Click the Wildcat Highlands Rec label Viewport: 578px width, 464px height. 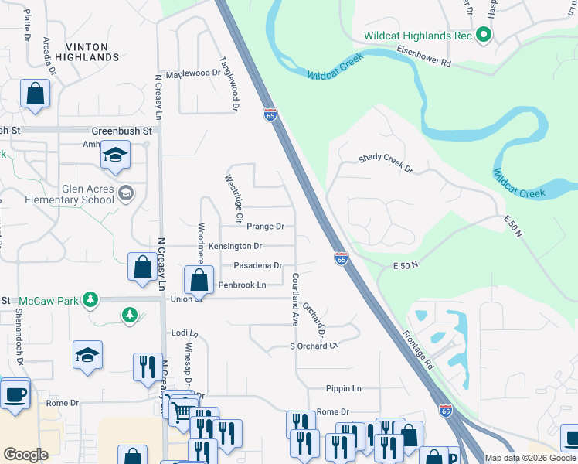pyautogui.click(x=416, y=36)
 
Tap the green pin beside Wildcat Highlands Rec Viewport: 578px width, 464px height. pyautogui.click(x=484, y=36)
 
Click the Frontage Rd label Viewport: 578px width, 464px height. pyautogui.click(x=418, y=350)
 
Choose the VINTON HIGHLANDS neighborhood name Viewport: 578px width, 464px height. pyautogui.click(x=92, y=52)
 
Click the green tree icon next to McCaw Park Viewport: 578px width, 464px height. pyautogui.click(x=90, y=299)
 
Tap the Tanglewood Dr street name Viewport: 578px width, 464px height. pyautogui.click(x=229, y=80)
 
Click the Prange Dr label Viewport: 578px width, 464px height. pyautogui.click(x=265, y=227)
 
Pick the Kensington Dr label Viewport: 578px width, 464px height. pyautogui.click(x=236, y=246)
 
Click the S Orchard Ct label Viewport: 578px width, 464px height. pyautogui.click(x=314, y=346)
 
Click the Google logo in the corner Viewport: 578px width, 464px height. pyautogui.click(x=25, y=455)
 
